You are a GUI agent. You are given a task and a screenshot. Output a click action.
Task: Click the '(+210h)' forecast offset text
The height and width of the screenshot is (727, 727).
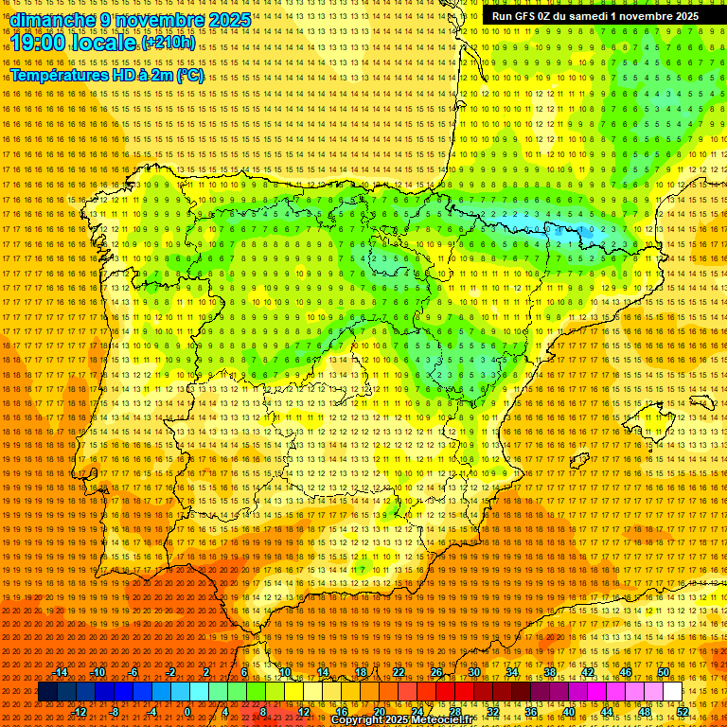168,43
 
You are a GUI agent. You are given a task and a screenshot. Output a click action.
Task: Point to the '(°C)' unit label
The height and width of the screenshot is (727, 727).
189,75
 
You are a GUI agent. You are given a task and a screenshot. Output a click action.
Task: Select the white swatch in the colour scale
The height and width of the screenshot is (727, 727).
672,692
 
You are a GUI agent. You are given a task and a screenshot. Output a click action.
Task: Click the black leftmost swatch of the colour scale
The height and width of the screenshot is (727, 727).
47,692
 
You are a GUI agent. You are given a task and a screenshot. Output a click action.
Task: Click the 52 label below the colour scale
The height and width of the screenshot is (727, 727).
683,712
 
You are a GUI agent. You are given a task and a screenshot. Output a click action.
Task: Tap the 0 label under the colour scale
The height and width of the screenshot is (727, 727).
188,712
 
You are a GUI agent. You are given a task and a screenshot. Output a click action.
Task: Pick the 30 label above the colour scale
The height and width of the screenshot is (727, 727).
473,672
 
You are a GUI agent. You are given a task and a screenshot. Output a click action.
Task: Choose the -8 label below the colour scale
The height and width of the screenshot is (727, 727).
114,712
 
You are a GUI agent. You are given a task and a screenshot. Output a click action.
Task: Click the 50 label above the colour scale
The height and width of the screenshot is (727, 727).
663,672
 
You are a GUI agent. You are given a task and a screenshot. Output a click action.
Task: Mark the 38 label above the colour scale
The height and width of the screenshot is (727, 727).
549,672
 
